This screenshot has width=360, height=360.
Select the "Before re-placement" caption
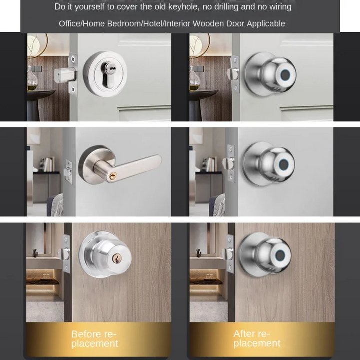pyautogui.click(x=94, y=339)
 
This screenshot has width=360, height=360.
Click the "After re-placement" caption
pyautogui.click(x=257, y=338)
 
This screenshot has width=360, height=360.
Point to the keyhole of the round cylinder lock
pyautogui.click(x=108, y=74)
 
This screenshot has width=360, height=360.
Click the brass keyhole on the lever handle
pyautogui.click(x=113, y=176)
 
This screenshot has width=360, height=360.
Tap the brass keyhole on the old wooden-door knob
pyautogui.click(x=116, y=258)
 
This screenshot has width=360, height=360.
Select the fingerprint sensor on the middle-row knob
pyautogui.click(x=284, y=164)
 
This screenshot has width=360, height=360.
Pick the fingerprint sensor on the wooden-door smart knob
pyautogui.click(x=280, y=255)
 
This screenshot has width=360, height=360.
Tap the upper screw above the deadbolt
pyautogui.click(x=73, y=59)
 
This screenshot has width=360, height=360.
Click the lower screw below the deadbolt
pyautogui.click(x=73, y=89)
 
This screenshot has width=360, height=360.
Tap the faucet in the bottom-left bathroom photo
pyautogui.click(x=35, y=253)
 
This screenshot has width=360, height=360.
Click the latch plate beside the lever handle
pyautogui.click(x=69, y=172)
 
